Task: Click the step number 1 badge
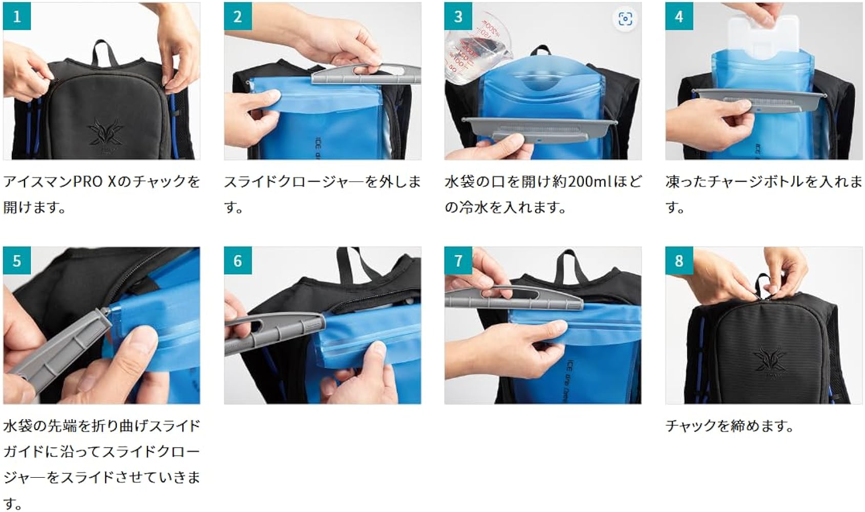coord(17,16)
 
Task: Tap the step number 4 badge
coord(679,16)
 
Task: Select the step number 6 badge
coord(238,261)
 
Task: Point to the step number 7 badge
coord(458,261)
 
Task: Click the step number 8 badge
coord(679,261)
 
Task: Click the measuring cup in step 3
coord(469,49)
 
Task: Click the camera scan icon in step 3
coord(625,19)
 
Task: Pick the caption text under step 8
coord(729,426)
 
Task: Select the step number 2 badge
coord(238,16)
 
